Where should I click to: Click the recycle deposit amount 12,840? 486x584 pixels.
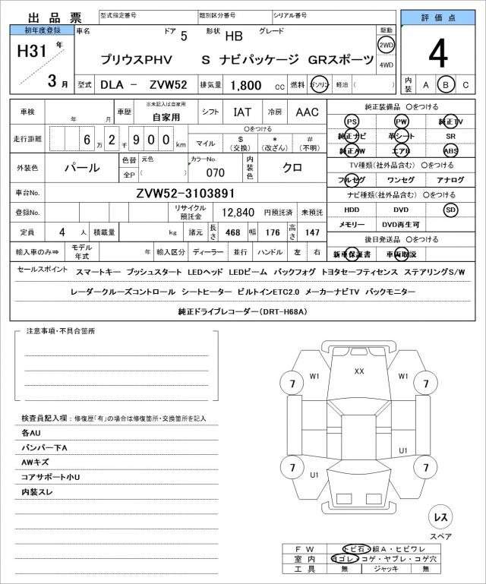click(238, 213)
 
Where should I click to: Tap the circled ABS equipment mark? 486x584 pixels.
click(450, 151)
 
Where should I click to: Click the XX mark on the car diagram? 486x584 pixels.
click(359, 371)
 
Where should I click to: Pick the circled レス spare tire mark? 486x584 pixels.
click(439, 517)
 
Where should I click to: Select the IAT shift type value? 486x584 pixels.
click(241, 112)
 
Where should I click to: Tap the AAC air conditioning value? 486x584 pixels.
click(307, 112)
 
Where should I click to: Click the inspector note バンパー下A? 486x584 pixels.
click(45, 448)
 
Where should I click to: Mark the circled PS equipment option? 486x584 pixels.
click(351, 122)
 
